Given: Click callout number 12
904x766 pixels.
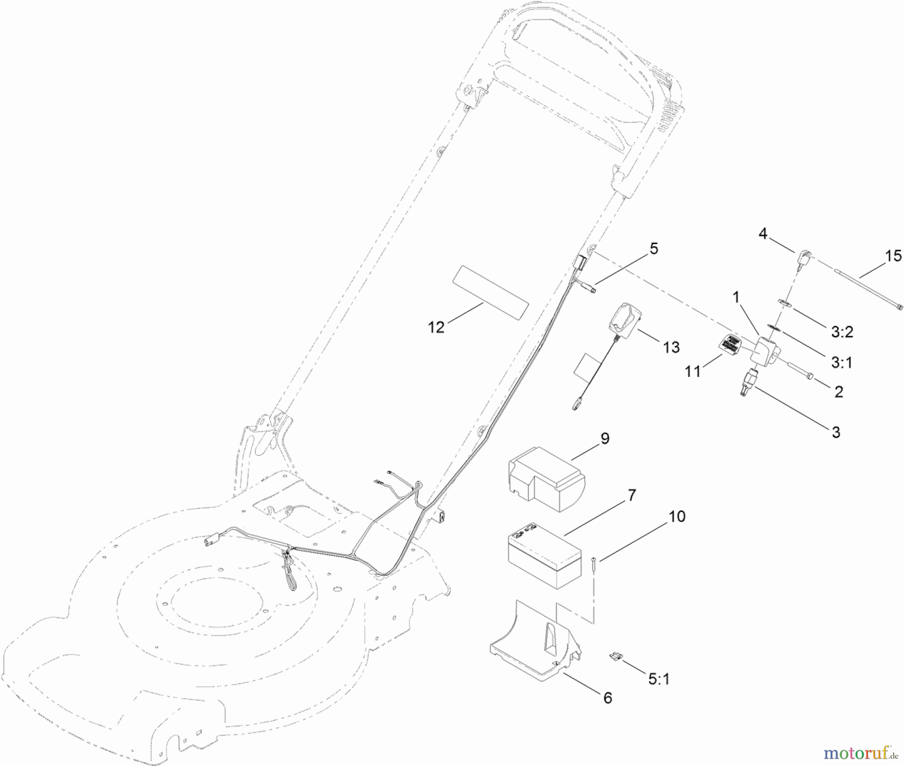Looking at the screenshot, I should pos(436,327).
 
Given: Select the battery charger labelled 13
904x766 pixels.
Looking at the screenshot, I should pos(624,319).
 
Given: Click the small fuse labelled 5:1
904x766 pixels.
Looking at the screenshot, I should pos(614,656).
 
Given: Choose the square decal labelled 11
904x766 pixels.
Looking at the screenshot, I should pos(729,345).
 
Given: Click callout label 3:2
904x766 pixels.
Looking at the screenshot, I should pos(842,332).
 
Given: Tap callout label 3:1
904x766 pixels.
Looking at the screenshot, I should pos(841,362).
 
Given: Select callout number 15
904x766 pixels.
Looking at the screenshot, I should pos(893,257).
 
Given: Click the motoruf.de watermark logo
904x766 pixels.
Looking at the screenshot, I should pos(860,753).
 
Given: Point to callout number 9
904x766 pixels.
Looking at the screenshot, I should pos(605,438).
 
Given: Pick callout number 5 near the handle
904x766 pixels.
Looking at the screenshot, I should pos(653,248).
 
